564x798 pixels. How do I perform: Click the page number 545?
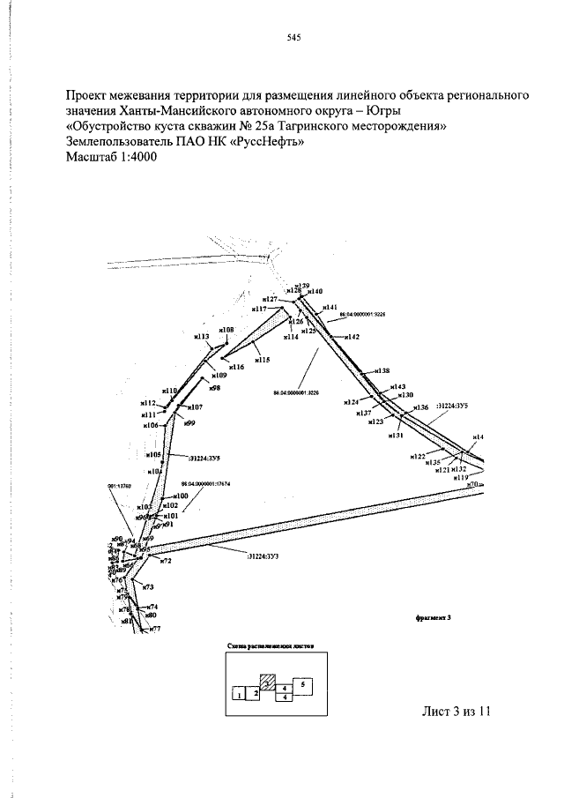(294, 38)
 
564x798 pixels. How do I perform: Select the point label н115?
(262, 360)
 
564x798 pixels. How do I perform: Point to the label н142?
(352, 337)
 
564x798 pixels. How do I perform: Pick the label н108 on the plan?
(226, 330)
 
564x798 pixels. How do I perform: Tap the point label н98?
(214, 388)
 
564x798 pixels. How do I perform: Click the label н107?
(194, 407)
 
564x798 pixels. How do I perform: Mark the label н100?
(181, 496)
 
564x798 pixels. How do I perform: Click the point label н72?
(165, 561)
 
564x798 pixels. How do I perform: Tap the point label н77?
(154, 629)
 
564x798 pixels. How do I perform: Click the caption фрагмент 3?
(432, 617)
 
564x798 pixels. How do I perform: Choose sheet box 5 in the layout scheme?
(302, 683)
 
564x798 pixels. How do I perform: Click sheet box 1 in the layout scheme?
(238, 695)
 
